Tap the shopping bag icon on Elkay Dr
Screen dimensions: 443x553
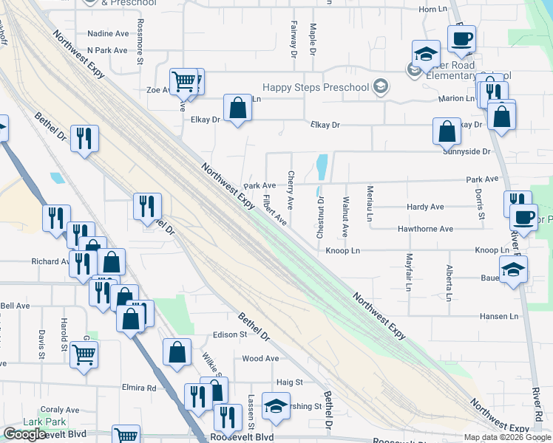coord(237,109)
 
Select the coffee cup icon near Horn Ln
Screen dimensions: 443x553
coord(461,38)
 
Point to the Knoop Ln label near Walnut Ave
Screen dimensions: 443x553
coord(342,251)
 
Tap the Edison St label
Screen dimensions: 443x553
coord(229,334)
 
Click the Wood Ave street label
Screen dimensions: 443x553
coord(260,359)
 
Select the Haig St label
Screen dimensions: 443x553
coord(289,382)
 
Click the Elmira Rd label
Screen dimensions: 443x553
coord(140,388)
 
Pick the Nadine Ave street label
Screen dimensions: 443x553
coord(108,34)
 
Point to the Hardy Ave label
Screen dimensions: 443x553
coord(425,207)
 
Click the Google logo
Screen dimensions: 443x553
coord(24,434)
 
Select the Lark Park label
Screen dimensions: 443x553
coord(44,422)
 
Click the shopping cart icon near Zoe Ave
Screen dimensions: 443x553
coord(183,80)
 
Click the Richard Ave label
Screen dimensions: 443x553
coord(50,261)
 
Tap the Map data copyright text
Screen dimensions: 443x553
coord(506,437)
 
